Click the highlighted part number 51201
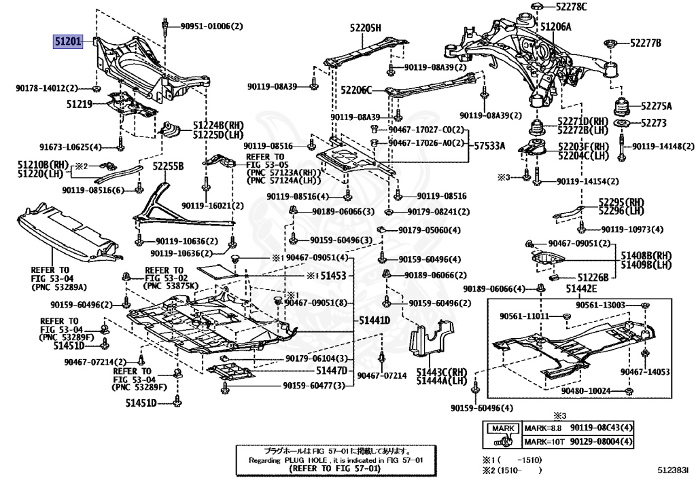click(x=68, y=42)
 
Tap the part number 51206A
click(x=555, y=27)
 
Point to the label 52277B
click(x=645, y=43)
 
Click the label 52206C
click(x=355, y=90)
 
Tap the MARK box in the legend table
click(x=504, y=428)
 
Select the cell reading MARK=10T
click(x=544, y=443)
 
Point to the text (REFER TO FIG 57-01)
click(x=329, y=468)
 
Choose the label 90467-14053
click(x=645, y=371)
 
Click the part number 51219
click(x=80, y=105)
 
